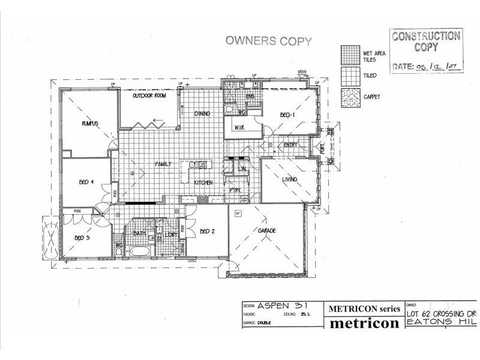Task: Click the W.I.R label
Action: pos(240,127)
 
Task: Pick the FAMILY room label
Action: pos(164,164)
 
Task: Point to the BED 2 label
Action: pos(207,231)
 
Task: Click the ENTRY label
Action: pos(291,145)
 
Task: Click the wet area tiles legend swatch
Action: pos(349,55)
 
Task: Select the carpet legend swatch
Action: pos(349,96)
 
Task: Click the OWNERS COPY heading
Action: pos(268,41)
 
